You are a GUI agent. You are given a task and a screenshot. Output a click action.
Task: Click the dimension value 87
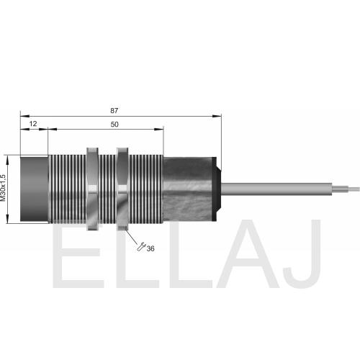(114, 110)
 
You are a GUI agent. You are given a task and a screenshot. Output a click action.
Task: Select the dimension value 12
(33, 124)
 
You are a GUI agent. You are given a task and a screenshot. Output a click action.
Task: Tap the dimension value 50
(114, 125)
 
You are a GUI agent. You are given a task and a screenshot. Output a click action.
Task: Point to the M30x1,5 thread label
(3, 188)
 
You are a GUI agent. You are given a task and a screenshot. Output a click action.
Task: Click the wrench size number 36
(150, 248)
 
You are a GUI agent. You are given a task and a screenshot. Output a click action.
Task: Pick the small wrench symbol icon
(141, 247)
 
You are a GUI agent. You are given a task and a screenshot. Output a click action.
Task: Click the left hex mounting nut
(92, 189)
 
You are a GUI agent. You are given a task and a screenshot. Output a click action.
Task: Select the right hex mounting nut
(122, 189)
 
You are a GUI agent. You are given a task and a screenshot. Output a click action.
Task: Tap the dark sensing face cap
(35, 189)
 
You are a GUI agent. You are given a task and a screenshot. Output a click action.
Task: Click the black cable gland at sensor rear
(217, 189)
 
